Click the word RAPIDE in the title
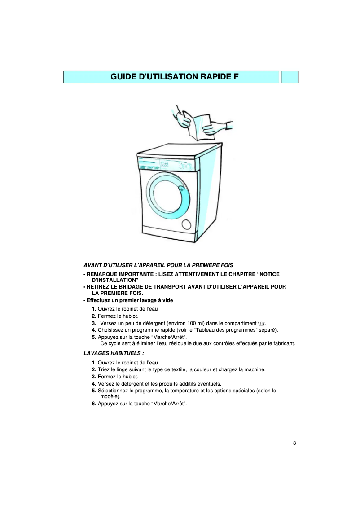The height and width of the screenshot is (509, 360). pos(211,77)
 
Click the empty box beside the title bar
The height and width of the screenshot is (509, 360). pos(290,77)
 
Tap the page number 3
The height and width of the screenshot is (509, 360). pos(294,443)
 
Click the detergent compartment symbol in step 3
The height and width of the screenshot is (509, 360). pos(262,323)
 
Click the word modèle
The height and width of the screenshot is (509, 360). pos(110,397)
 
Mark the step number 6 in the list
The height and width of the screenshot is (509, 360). pos(94,404)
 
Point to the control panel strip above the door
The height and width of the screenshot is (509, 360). pos(167,166)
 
